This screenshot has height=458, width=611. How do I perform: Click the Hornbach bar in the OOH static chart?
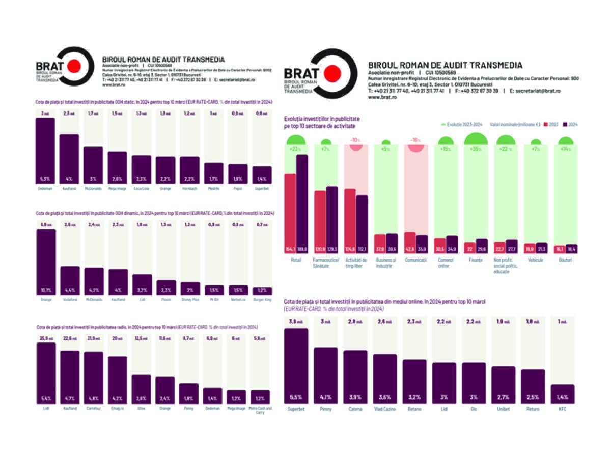coord(190,169)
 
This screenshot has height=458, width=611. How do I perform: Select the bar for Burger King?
coord(262,291)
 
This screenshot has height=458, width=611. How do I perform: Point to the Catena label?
coord(355,409)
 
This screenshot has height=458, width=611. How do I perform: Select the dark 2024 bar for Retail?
coord(302,204)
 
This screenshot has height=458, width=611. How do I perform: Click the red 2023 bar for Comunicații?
coord(409,242)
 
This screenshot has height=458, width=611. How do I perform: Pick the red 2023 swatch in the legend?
coord(546,124)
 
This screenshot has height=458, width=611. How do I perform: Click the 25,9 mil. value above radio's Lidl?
coord(46,338)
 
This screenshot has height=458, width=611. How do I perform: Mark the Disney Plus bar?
coord(190,289)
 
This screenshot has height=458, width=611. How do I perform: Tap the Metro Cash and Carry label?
coord(262,410)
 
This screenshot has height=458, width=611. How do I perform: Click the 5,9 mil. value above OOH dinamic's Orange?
coord(46,224)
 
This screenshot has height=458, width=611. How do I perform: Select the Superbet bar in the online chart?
coord(296,365)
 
